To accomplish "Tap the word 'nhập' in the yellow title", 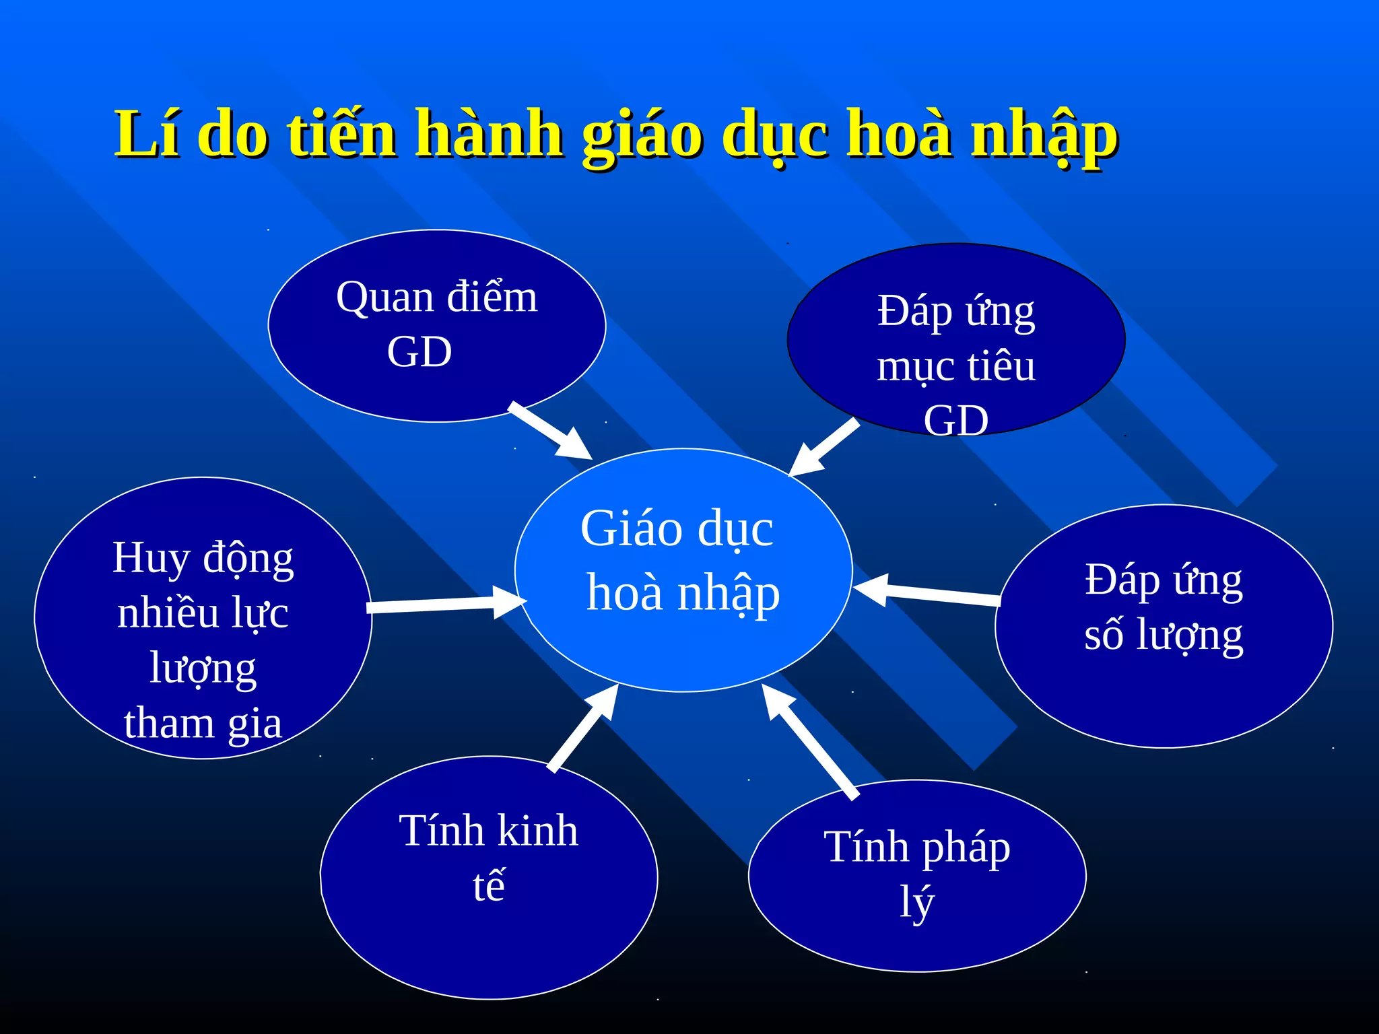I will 1044,136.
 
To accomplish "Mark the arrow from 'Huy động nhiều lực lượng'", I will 444,604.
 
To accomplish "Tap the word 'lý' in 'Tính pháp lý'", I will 917,902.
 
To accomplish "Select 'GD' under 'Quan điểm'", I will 419,351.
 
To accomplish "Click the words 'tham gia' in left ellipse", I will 203,724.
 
